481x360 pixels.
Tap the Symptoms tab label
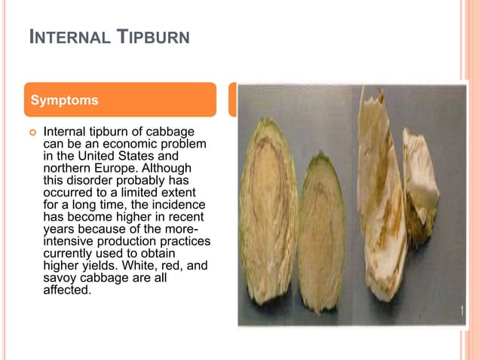point(63,99)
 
